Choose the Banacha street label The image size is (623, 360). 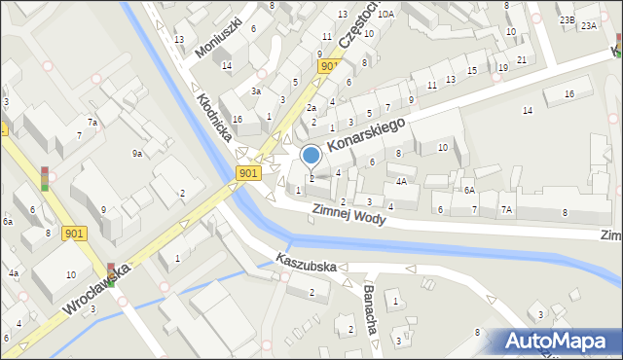coord(371,308)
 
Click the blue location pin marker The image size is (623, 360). coord(311,156)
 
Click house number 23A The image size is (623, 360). coord(589,26)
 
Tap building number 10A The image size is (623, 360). coord(386,14)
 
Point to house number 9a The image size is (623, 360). coord(137,153)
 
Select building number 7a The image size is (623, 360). coord(92,123)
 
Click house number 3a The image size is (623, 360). coord(256,90)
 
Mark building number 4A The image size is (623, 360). coord(401,181)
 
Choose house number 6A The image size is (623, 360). coord(468,191)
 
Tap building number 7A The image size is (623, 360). coord(506,209)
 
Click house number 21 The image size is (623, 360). coord(523,60)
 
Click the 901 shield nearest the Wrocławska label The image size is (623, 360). coord(72,234)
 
